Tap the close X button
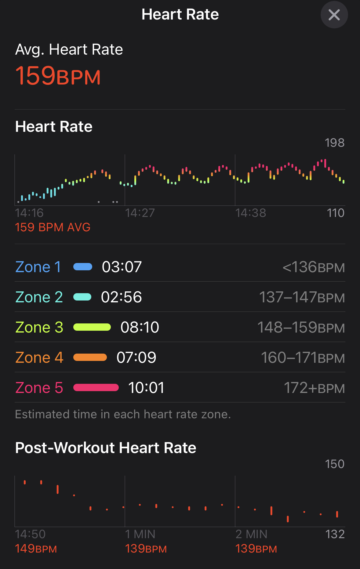tap(334, 15)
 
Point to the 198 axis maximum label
tap(334, 143)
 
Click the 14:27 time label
tap(140, 213)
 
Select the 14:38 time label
tap(250, 213)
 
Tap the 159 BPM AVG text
tap(53, 227)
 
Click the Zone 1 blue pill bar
tap(83, 267)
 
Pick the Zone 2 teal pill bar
tap(82, 297)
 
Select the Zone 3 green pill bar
tap(92, 327)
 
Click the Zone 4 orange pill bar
tap(90, 358)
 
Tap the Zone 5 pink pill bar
tap(96, 388)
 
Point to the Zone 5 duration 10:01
tap(146, 388)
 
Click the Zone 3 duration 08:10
tap(140, 327)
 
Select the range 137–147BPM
tap(302, 297)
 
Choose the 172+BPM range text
tap(314, 388)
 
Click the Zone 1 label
tap(38, 267)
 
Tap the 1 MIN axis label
tap(140, 534)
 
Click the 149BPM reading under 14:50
tap(36, 549)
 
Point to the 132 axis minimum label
tap(335, 534)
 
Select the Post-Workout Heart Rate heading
tap(106, 448)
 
